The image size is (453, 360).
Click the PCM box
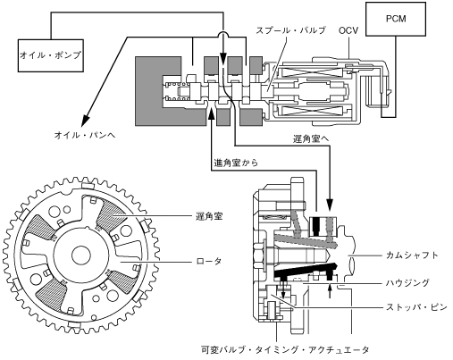pyautogui.click(x=396, y=19)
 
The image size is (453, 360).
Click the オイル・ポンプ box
pyautogui.click(x=50, y=55)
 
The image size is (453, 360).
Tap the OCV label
pyautogui.click(x=348, y=30)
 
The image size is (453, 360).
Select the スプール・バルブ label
pyautogui.click(x=290, y=30)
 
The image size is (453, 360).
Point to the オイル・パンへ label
pyautogui.click(x=85, y=135)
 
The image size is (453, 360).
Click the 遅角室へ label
pyautogui.click(x=311, y=138)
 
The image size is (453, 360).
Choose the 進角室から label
pyautogui.click(x=236, y=163)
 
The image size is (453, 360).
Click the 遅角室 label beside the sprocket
pyautogui.click(x=209, y=216)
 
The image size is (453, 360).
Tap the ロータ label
pyautogui.click(x=209, y=261)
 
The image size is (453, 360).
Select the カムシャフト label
pyautogui.click(x=412, y=255)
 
